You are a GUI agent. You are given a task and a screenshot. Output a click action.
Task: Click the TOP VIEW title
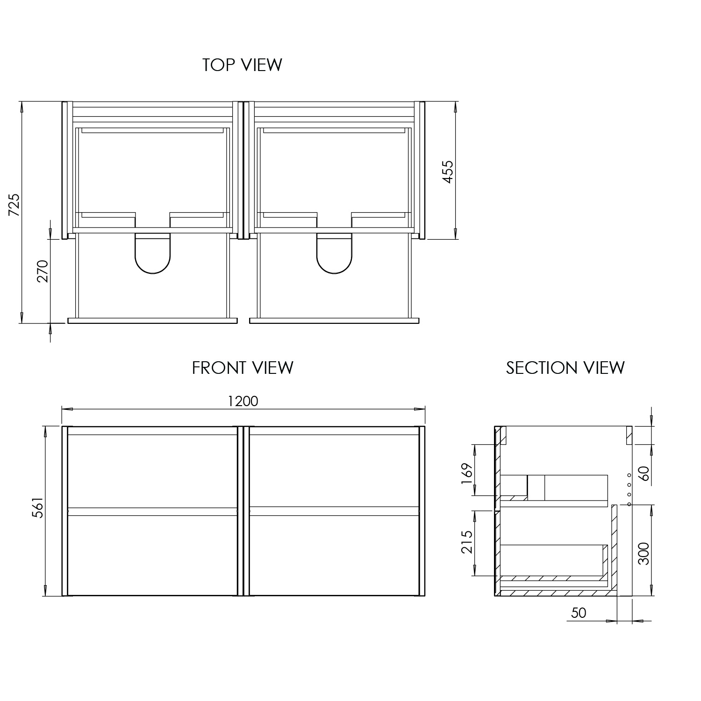click(x=242, y=65)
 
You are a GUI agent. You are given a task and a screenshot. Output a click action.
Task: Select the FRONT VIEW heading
click(x=243, y=368)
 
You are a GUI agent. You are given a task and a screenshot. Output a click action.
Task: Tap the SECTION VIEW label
click(x=565, y=368)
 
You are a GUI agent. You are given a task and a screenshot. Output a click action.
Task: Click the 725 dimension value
click(x=14, y=204)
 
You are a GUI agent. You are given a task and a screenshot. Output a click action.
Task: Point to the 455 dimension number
click(x=448, y=172)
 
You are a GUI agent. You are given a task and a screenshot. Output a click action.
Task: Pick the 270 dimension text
click(x=43, y=271)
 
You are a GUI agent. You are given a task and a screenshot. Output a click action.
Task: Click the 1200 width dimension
click(x=243, y=401)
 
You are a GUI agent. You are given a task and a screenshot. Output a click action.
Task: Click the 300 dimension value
click(x=644, y=554)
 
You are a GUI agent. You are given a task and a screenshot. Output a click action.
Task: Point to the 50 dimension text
click(x=579, y=613)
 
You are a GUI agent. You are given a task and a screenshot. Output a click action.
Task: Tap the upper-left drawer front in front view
click(x=152, y=470)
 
